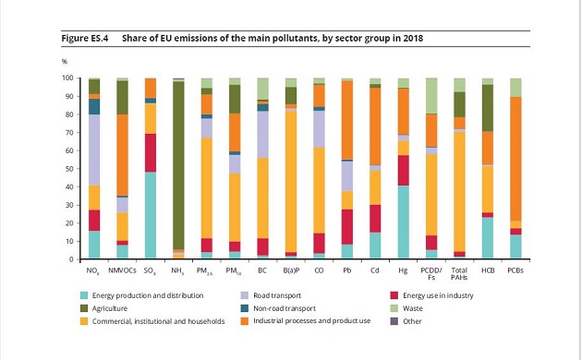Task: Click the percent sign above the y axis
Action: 65,62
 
